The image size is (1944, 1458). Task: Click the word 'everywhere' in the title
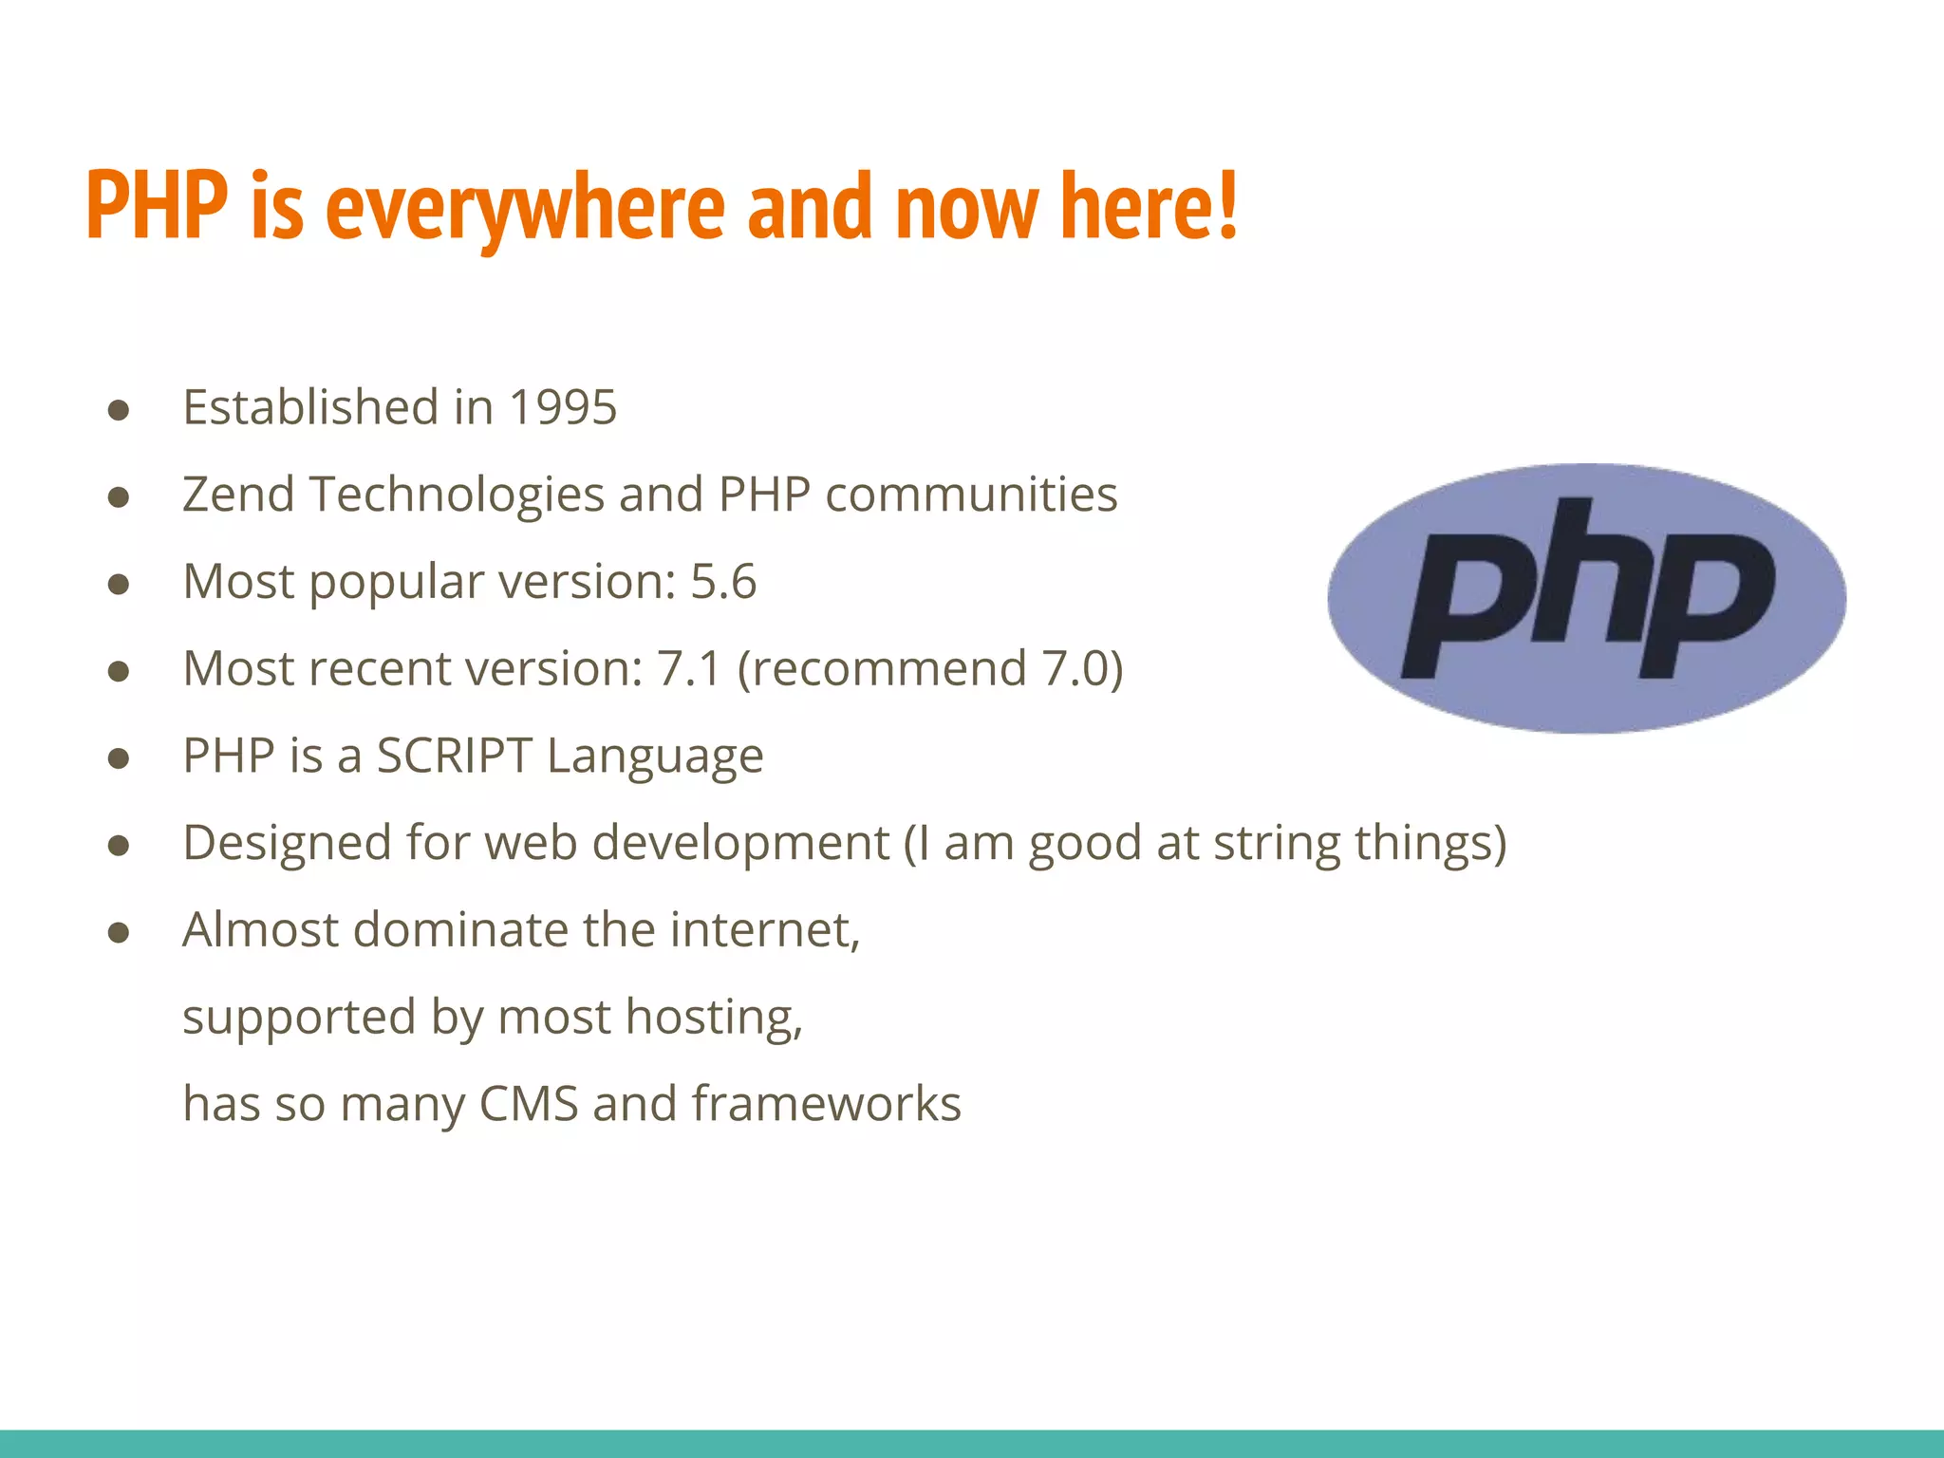525,206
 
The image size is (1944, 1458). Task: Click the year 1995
563,407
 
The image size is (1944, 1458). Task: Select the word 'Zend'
238,495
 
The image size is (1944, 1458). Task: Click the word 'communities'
971,495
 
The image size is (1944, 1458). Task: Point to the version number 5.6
723,581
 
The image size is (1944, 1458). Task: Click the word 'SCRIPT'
454,756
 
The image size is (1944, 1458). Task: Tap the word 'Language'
655,757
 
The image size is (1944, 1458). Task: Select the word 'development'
740,844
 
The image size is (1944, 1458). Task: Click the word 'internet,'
765,929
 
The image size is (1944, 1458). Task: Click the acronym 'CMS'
529,1104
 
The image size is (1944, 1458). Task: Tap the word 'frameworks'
826,1104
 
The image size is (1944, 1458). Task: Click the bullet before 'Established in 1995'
119,410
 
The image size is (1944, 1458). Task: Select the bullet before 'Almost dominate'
119,932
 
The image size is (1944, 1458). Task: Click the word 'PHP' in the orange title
157,206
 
